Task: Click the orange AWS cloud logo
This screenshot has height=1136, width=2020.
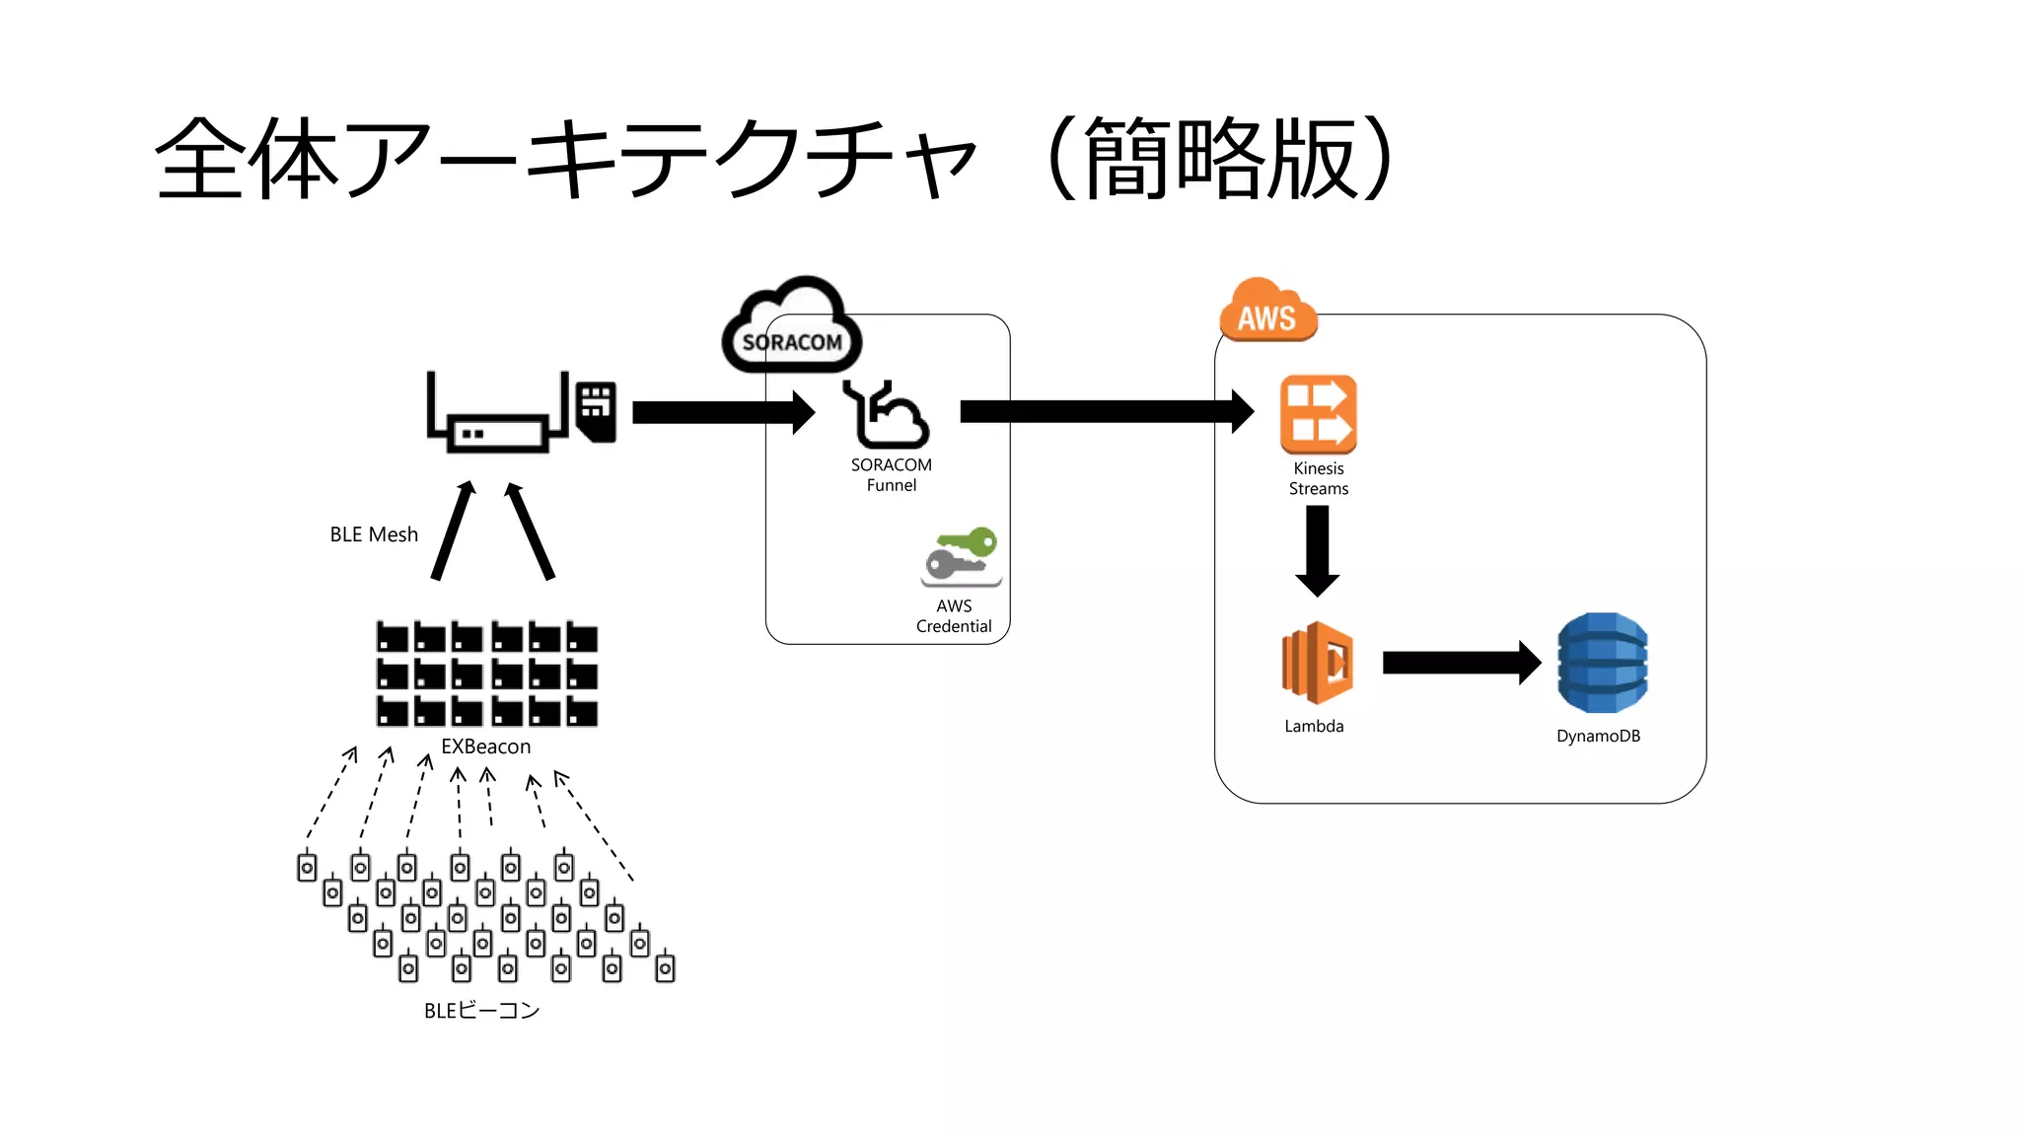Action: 1267,311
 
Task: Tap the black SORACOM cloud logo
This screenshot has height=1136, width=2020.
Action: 791,327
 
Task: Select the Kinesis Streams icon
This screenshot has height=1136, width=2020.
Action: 1318,413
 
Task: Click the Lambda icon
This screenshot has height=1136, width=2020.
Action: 1317,663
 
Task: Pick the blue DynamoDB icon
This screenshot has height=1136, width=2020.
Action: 1601,663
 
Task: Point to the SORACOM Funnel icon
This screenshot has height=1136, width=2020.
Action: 886,414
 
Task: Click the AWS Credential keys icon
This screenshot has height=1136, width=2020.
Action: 961,556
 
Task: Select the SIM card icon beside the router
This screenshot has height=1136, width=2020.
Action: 596,410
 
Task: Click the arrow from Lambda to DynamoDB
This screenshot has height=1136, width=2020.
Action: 1460,663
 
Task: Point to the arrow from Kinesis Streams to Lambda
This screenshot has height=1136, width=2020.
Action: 1317,549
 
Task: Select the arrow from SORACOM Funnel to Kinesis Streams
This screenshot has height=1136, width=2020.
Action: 1105,411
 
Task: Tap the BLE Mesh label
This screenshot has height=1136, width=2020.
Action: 374,534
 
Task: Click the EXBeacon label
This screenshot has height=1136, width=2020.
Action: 485,746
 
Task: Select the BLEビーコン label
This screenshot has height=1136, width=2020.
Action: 481,1010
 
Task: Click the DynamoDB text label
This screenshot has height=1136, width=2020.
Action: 1598,736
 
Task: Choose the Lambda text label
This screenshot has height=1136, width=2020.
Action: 1314,726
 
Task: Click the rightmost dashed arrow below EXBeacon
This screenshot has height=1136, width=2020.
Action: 593,824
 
